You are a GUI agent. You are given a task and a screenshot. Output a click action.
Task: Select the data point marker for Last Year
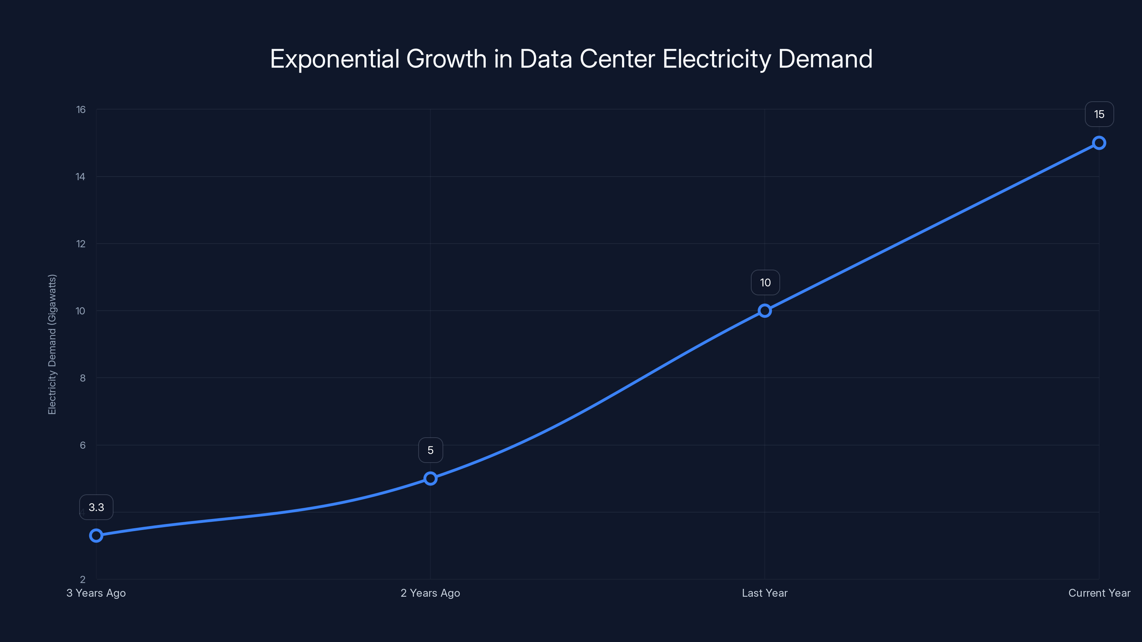[764, 311]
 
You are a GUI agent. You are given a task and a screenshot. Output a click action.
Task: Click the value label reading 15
[1099, 114]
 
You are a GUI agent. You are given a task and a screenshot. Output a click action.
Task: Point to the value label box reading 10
[765, 283]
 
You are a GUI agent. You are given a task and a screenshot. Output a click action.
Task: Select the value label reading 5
[430, 450]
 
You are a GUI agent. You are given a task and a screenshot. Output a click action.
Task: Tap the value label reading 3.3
[96, 507]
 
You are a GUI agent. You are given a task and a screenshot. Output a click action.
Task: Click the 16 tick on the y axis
[81, 109]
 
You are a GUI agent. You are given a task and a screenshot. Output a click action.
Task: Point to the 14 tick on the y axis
[80, 177]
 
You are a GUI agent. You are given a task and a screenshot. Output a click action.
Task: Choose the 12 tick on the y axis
[81, 244]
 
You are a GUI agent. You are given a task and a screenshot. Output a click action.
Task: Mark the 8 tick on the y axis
[82, 378]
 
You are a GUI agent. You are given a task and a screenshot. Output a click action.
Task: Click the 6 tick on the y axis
[82, 445]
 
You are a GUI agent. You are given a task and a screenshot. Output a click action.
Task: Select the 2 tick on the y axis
[82, 580]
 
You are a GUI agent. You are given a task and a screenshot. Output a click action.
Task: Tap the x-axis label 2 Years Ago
[430, 593]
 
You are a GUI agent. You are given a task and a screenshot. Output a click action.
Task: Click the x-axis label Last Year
[764, 593]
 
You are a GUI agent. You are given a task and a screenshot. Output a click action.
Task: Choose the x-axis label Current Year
[1099, 593]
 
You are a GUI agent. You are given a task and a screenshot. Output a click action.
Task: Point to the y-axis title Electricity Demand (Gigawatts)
[52, 344]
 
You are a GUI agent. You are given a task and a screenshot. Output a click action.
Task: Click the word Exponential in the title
[335, 59]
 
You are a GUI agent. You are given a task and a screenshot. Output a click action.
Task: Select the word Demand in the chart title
[825, 59]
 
